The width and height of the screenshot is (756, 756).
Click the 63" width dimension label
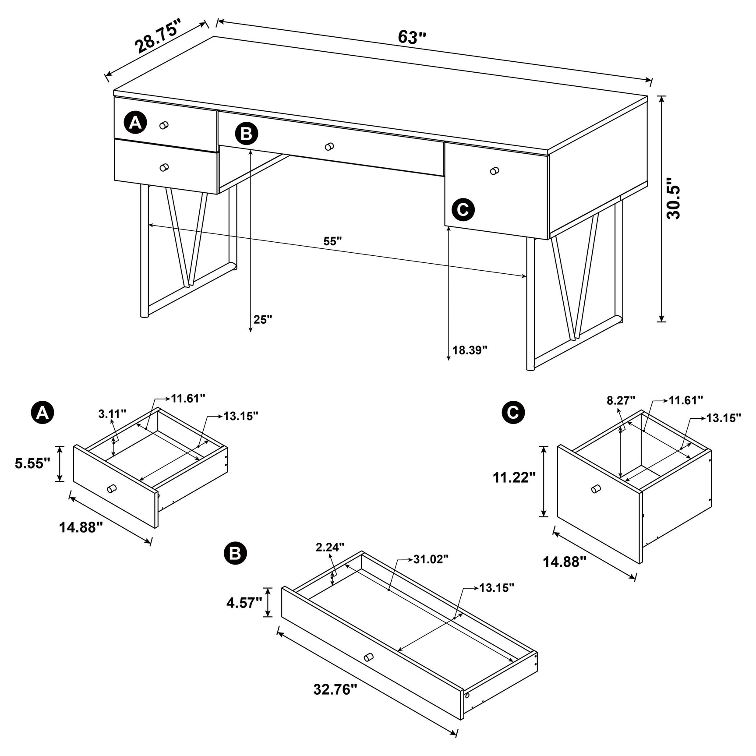(412, 38)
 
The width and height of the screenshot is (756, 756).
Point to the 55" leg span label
(332, 241)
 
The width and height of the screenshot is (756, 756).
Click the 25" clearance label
(263, 319)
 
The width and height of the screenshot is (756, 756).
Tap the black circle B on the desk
(246, 134)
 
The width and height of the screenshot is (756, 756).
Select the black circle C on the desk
(463, 209)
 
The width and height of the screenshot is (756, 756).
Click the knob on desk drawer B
(329, 146)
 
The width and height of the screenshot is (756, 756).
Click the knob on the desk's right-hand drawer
(495, 171)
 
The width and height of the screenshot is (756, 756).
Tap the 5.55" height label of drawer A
(33, 463)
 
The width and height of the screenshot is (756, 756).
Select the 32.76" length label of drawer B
(336, 702)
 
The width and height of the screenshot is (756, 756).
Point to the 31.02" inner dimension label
(431, 559)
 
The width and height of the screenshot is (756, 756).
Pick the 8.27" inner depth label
(621, 400)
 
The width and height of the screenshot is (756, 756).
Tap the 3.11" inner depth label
(112, 413)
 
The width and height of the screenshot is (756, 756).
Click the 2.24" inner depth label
(330, 547)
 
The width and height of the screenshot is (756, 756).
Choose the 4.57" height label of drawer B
(244, 603)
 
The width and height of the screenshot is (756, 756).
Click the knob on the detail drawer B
(369, 669)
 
